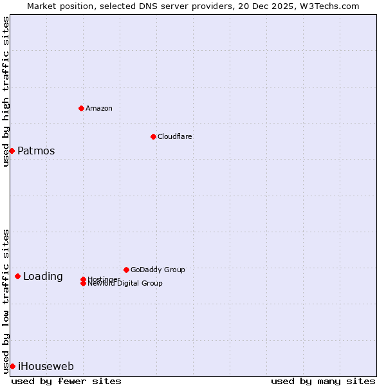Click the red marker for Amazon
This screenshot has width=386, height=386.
[81, 108]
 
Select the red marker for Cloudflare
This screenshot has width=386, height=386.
[153, 136]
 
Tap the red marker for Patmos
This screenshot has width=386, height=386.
[12, 151]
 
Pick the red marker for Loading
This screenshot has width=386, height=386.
[17, 276]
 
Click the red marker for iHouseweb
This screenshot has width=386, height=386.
[12, 366]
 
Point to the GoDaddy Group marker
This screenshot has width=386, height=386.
[126, 270]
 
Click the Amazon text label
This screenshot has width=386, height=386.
[99, 108]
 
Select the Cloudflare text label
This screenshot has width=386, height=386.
[175, 136]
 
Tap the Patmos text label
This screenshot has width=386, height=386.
[36, 151]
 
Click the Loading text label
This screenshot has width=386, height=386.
[43, 277]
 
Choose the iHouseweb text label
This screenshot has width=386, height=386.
[46, 367]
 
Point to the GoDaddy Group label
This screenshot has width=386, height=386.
[158, 270]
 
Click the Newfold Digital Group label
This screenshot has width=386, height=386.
[125, 284]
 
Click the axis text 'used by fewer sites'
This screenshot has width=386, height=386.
[66, 381]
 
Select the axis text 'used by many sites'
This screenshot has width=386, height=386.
[323, 381]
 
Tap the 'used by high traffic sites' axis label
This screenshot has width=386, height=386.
[6, 91]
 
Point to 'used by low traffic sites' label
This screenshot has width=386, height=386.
[6, 300]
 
